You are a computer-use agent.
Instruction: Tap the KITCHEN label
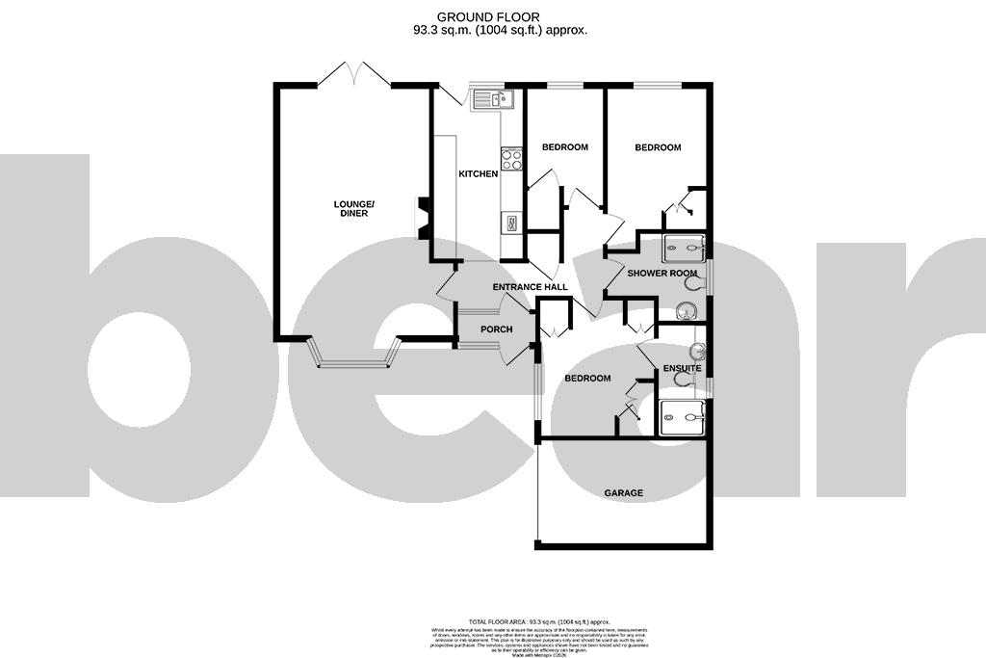(478, 174)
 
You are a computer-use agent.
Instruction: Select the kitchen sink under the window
(494, 98)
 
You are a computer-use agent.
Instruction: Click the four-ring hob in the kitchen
(510, 159)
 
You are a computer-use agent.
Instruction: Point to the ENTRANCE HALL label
(530, 288)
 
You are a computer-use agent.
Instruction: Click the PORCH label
(496, 329)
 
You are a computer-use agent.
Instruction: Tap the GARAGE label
(623, 493)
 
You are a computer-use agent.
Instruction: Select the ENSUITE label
(682, 369)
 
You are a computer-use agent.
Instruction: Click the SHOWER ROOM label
(662, 274)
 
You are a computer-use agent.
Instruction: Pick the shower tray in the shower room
(684, 249)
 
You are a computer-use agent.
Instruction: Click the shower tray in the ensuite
(683, 418)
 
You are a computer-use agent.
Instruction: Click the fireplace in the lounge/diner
(421, 218)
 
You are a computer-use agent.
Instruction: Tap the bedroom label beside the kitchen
(564, 147)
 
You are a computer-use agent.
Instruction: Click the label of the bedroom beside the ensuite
(587, 379)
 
